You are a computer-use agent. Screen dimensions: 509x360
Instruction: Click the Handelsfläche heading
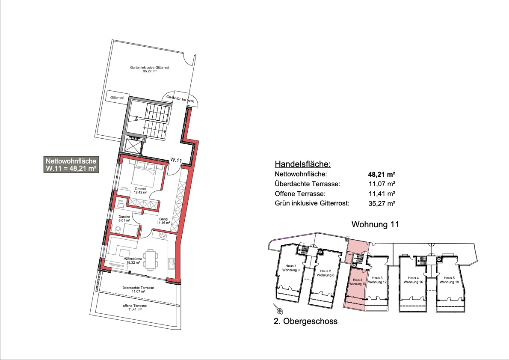click(302, 164)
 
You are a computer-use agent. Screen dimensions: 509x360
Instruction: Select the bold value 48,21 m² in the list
click(382, 175)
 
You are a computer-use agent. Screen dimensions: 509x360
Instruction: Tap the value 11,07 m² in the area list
click(382, 184)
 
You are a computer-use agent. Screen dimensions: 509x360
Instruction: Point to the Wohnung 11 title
click(375, 224)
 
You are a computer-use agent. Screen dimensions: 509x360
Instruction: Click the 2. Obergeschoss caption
click(305, 321)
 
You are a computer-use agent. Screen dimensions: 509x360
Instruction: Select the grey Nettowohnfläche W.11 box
click(71, 165)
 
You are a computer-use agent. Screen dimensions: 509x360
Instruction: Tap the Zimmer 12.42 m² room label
click(141, 190)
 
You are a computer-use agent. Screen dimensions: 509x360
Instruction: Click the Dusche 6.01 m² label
click(124, 218)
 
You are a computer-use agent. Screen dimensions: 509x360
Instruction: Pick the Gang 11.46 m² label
click(163, 221)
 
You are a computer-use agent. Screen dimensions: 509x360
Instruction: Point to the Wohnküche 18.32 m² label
click(133, 261)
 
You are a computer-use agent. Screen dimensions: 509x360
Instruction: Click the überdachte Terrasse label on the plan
click(138, 289)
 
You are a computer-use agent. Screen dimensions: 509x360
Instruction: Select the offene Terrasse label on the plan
click(135, 307)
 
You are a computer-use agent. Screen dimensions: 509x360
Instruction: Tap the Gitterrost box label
click(117, 98)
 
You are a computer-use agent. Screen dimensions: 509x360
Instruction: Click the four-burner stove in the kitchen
click(163, 235)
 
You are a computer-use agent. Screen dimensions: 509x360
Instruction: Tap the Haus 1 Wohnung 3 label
click(291, 268)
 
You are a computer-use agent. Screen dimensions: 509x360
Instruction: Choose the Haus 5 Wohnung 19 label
click(449, 280)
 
